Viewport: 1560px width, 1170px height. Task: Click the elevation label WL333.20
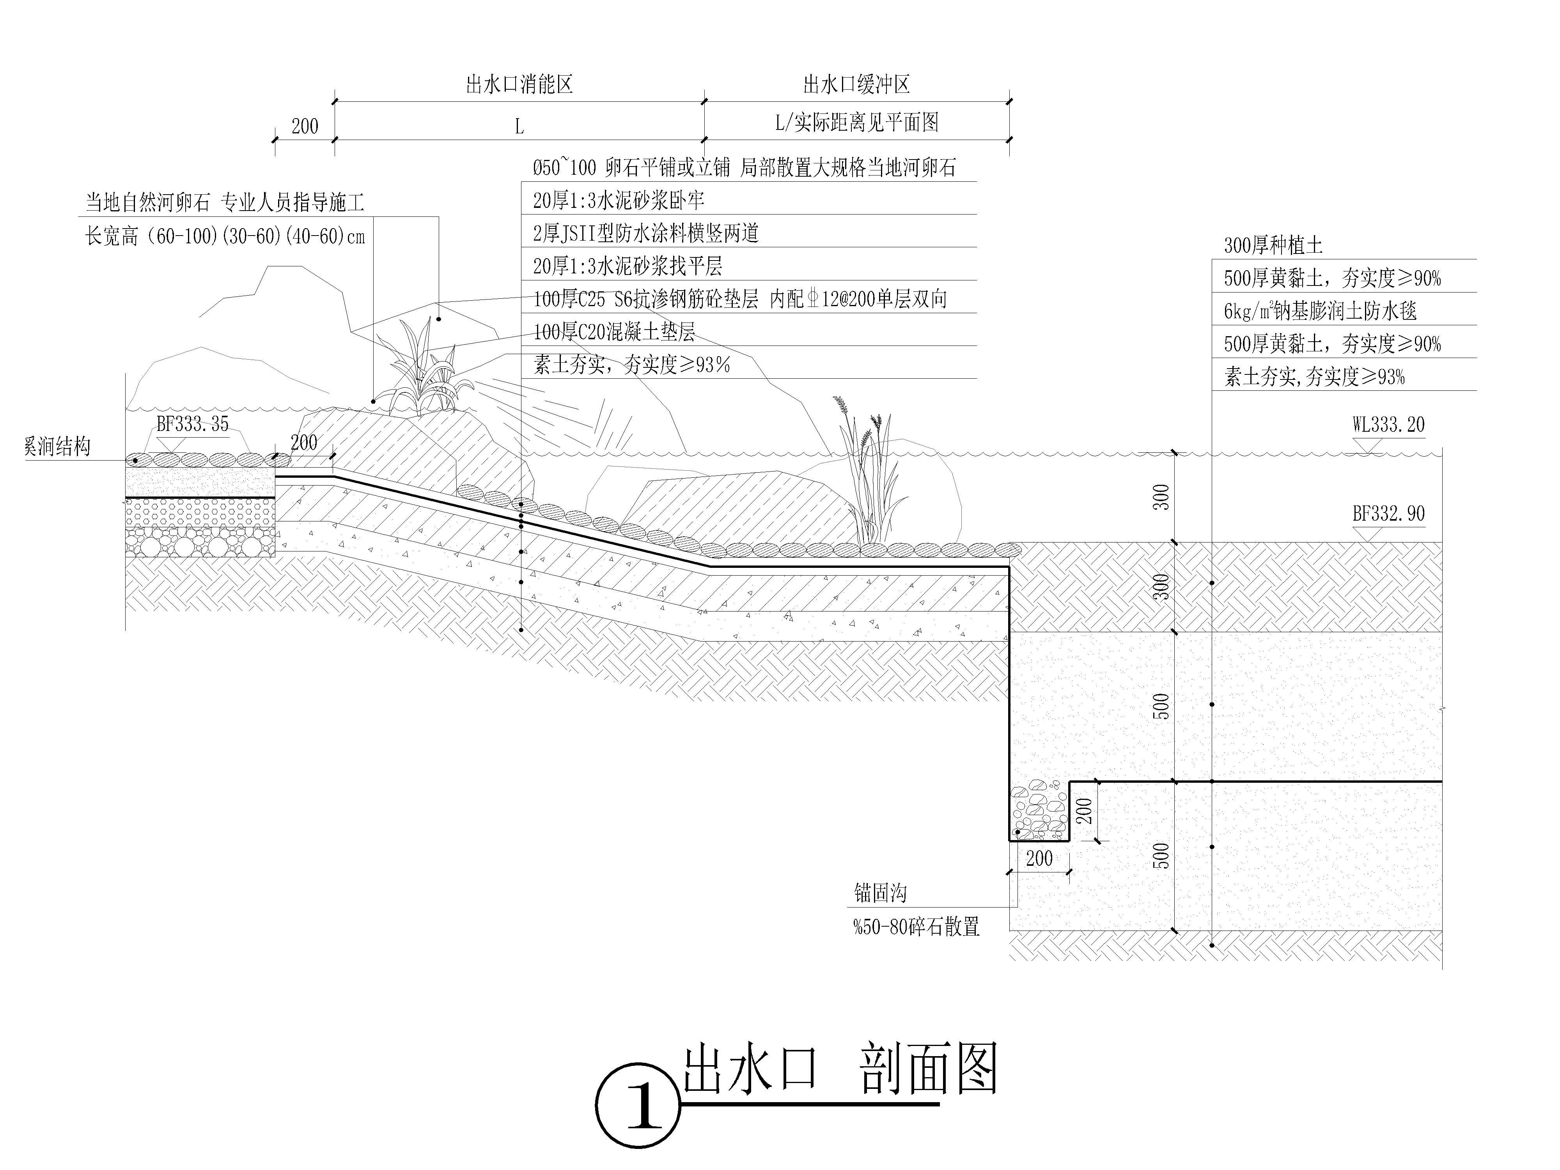pyautogui.click(x=1388, y=425)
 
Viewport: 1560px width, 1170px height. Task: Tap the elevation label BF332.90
pyautogui.click(x=1388, y=513)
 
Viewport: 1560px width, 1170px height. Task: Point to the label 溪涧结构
pyautogui.click(x=58, y=447)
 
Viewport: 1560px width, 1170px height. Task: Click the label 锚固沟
pyautogui.click(x=880, y=893)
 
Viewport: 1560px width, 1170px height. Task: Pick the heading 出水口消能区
pyautogui.click(x=519, y=85)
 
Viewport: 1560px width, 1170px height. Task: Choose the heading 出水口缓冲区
pyautogui.click(x=856, y=85)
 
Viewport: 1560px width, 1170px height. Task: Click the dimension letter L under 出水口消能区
pyautogui.click(x=519, y=127)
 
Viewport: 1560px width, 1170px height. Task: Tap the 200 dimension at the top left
pyautogui.click(x=305, y=126)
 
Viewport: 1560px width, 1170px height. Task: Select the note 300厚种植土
pyautogui.click(x=1273, y=245)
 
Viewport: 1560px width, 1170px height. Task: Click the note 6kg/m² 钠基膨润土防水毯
pyautogui.click(x=1320, y=311)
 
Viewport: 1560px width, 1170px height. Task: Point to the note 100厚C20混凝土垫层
pyautogui.click(x=613, y=331)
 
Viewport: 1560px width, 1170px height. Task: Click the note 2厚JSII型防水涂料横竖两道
pyautogui.click(x=645, y=234)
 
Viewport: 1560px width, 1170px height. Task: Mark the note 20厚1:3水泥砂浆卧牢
pyautogui.click(x=619, y=200)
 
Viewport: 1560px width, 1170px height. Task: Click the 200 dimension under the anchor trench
pyautogui.click(x=1039, y=858)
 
